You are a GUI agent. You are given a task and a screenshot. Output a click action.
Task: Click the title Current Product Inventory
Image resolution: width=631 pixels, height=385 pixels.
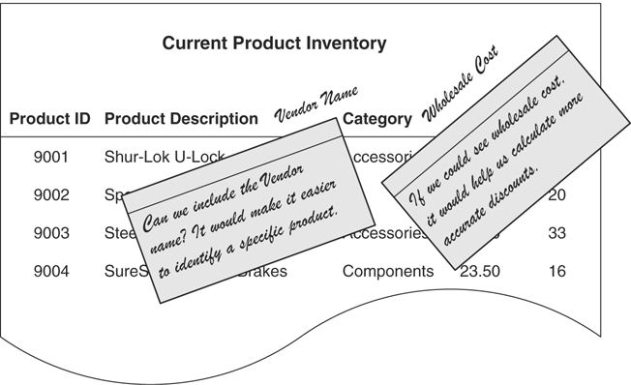click(x=274, y=44)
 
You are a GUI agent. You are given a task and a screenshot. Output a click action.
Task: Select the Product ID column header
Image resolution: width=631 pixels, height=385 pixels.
click(x=50, y=120)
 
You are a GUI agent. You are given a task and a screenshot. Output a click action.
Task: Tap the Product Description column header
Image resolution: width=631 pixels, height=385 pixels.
click(x=181, y=120)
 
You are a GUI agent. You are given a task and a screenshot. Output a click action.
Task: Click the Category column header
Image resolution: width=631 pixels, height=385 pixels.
click(x=377, y=120)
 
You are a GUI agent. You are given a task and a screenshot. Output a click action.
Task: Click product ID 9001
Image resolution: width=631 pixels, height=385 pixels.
click(x=50, y=156)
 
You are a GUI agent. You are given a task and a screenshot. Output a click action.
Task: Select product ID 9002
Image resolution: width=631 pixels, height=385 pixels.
click(x=50, y=194)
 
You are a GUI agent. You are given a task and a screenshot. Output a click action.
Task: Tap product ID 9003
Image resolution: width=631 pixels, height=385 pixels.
click(x=50, y=233)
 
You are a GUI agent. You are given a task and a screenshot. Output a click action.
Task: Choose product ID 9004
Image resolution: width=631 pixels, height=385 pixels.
click(x=50, y=272)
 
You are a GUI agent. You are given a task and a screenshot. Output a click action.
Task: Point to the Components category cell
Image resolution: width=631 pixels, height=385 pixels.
click(x=388, y=272)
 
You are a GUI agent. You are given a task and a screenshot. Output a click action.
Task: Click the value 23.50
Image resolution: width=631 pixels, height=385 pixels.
click(x=480, y=272)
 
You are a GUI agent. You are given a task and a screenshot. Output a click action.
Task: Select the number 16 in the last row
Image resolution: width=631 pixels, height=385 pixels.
click(x=556, y=272)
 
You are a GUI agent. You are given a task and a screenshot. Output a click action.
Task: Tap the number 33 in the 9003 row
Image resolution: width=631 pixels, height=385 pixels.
click(x=556, y=233)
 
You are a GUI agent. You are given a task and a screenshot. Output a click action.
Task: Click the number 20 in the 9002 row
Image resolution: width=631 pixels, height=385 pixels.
click(x=556, y=194)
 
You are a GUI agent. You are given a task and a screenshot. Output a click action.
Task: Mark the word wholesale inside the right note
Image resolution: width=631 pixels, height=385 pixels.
click(x=512, y=134)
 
